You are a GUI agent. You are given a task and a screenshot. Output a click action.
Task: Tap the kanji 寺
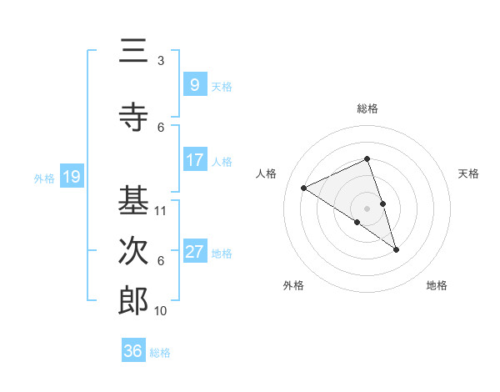tap(133, 117)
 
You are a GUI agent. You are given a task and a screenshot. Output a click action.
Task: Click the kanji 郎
tap(133, 301)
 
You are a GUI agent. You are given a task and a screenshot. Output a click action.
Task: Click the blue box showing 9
tap(194, 84)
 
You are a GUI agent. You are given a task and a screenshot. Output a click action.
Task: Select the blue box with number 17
tap(194, 160)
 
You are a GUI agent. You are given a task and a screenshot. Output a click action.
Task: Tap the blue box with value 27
tap(194, 252)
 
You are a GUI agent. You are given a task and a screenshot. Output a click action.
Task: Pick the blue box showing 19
tap(71, 177)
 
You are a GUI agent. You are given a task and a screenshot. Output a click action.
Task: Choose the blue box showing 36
tap(133, 351)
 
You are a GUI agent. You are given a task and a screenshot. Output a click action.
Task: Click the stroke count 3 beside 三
tap(161, 61)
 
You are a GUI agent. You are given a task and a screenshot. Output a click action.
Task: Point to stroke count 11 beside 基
tap(161, 211)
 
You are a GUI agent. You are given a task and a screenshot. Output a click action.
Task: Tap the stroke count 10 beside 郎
tap(161, 311)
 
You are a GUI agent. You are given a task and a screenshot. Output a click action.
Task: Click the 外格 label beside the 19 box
tap(44, 178)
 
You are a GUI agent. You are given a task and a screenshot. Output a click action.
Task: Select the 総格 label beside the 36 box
tap(160, 353)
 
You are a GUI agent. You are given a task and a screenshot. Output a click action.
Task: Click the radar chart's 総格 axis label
tap(367, 108)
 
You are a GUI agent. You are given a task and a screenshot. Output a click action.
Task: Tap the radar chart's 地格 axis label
tap(437, 285)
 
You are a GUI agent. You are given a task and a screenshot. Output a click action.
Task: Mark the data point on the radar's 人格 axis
tap(304, 188)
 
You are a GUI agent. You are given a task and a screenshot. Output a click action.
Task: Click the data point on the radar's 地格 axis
tap(396, 249)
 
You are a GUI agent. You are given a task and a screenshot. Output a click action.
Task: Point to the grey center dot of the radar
tap(367, 208)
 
